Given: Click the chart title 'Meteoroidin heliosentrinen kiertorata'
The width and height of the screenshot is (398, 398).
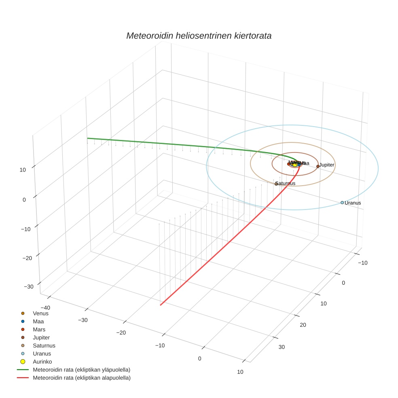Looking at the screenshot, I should click(x=199, y=36).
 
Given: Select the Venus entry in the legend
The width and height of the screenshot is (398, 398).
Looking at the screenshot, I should click(x=40, y=313).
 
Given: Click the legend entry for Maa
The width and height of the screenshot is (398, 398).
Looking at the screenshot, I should click(x=38, y=321).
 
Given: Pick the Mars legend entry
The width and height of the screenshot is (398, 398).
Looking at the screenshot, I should click(x=39, y=329).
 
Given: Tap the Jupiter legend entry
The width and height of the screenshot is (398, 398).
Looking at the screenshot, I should click(x=41, y=337).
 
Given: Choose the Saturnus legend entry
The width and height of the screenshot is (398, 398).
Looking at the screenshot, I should click(x=44, y=345).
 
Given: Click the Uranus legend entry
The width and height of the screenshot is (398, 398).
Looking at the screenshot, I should click(x=42, y=354).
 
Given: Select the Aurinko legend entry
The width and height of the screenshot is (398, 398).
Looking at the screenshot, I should click(x=42, y=362).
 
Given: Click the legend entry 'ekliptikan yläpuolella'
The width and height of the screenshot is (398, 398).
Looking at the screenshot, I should click(x=81, y=370).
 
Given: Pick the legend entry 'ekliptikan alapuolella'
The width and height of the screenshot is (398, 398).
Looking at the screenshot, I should click(x=81, y=378).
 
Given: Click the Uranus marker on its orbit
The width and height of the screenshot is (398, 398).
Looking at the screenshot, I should click(x=342, y=203).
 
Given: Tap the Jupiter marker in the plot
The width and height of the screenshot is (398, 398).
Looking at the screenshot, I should click(x=318, y=166).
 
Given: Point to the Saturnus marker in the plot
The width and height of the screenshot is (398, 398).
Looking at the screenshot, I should click(x=276, y=184).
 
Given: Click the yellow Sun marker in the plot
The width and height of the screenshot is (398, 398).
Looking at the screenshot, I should click(x=295, y=165).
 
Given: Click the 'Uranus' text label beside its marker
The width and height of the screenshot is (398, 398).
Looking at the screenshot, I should click(x=353, y=203).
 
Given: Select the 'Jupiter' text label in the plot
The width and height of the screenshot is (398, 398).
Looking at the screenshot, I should click(x=327, y=165).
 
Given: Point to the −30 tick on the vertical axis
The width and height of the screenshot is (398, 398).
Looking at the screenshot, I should click(x=29, y=287).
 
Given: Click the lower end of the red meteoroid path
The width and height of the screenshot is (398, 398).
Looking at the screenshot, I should click(x=161, y=305).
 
